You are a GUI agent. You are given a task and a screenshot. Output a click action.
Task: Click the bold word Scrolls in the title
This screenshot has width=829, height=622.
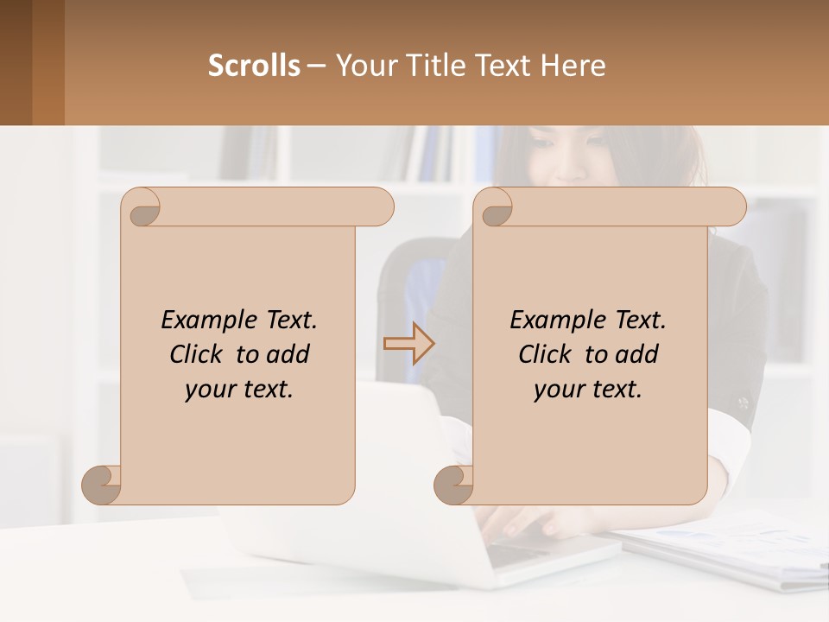pyautogui.click(x=254, y=66)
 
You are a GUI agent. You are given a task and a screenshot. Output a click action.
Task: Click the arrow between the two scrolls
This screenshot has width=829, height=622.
pyautogui.click(x=409, y=343)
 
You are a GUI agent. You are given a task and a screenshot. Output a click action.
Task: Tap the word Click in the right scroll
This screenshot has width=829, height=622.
pyautogui.click(x=545, y=354)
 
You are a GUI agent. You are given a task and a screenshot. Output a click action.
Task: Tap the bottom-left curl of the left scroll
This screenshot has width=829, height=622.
pyautogui.click(x=100, y=484)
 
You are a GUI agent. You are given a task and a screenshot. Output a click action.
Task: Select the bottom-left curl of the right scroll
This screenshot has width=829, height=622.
pyautogui.click(x=452, y=484)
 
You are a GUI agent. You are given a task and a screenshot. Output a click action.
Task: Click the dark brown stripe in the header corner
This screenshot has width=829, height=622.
pyautogui.click(x=16, y=62)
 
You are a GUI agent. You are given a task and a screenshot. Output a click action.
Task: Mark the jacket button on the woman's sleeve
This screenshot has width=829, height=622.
pyautogui.click(x=742, y=403)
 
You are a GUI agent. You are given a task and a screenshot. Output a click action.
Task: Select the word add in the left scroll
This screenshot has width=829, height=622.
pyautogui.click(x=289, y=354)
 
